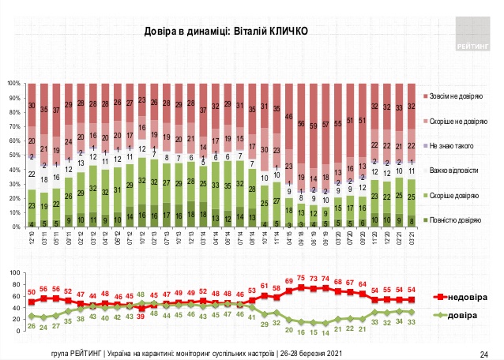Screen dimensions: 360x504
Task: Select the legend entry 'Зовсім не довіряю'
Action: click(457, 95)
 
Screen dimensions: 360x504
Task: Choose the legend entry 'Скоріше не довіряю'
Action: click(459, 121)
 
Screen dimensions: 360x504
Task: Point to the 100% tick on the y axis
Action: click(14, 83)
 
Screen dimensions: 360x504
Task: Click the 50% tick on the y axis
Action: click(14, 155)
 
